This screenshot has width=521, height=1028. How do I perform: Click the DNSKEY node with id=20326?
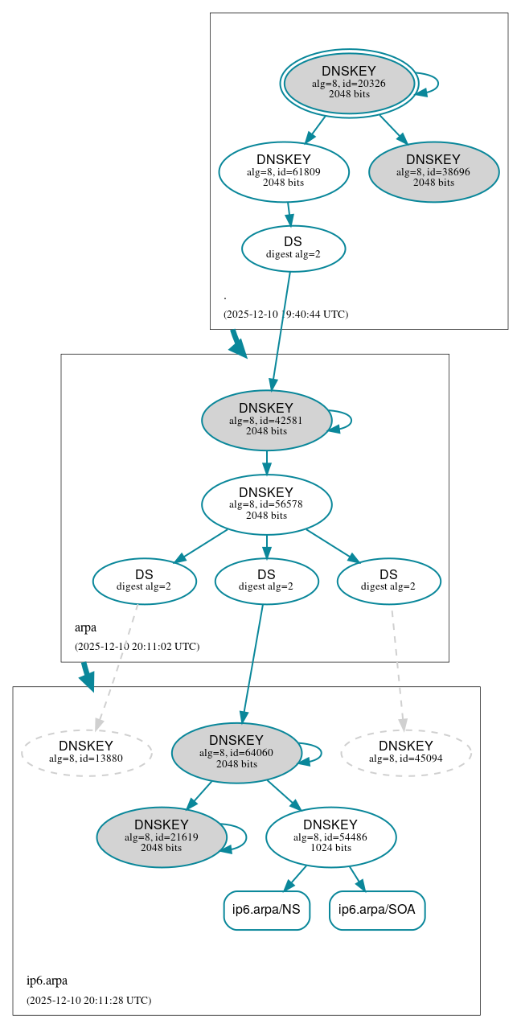(349, 83)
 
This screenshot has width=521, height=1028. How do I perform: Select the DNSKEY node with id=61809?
(283, 171)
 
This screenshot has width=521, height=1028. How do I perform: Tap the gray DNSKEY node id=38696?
(433, 171)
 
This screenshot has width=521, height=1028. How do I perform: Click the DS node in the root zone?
(293, 248)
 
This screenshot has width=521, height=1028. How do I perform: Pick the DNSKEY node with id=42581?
(266, 420)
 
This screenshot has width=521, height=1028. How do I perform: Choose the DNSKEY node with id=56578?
(266, 504)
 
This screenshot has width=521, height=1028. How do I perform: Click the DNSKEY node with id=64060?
(236, 752)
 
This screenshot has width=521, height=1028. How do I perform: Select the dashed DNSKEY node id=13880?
(86, 752)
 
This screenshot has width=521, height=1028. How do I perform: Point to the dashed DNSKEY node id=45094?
(405, 752)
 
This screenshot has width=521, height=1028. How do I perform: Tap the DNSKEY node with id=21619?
(162, 837)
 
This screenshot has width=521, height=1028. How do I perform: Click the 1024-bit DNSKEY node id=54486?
(330, 837)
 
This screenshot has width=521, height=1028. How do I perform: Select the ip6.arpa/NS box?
(266, 910)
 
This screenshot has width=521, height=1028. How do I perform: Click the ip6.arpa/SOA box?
(376, 910)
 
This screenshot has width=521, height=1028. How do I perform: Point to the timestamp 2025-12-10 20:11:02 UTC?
(137, 646)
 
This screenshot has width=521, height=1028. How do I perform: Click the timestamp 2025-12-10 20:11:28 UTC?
(88, 1000)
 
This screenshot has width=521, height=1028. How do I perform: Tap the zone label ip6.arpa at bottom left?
(47, 981)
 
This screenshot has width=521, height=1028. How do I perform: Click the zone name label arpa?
(85, 627)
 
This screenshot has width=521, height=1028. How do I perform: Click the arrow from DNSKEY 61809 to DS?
(289, 214)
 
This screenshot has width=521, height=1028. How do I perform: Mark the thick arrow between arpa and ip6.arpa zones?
(87, 676)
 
